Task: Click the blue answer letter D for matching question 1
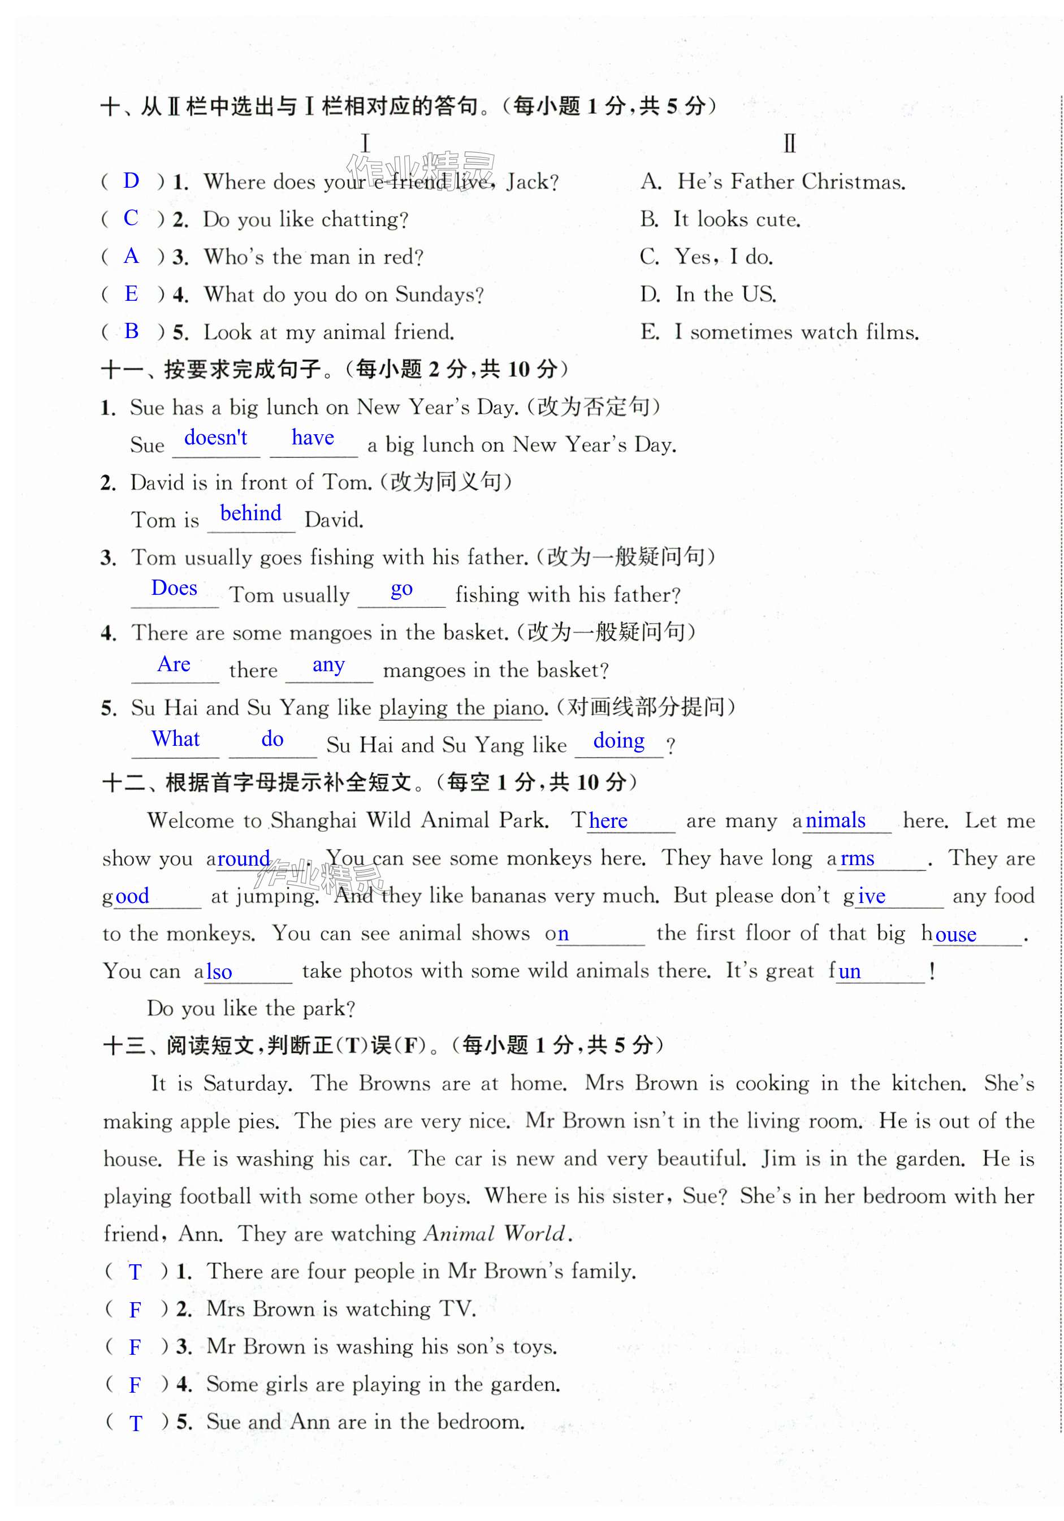pos(131,180)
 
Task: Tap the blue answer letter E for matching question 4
pos(131,293)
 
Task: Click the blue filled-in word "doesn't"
pos(215,438)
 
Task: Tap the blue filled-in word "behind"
pos(250,513)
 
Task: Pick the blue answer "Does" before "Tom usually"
pos(174,588)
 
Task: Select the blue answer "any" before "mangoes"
pos(328,664)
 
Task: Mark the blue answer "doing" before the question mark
pos(619,741)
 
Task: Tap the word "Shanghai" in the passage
pos(313,821)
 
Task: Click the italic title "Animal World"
pos(496,1234)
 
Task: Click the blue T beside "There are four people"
pos(135,1272)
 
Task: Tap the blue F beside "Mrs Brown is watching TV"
pos(135,1310)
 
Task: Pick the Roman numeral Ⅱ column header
pos(789,144)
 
